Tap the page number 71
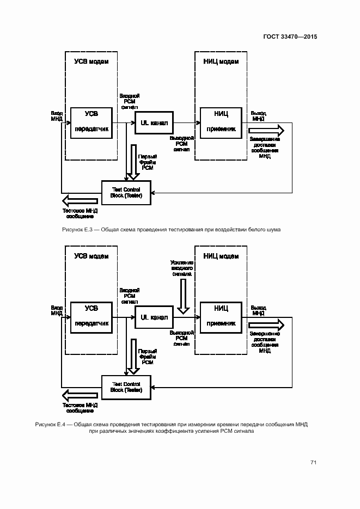[314, 463]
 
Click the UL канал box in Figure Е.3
[154, 124]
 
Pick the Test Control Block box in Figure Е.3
[126, 193]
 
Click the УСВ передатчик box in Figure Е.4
[91, 316]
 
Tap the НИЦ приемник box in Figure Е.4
[221, 316]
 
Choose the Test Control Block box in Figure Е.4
[126, 387]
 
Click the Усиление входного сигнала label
[181, 269]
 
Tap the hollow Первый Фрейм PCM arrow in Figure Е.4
[132, 357]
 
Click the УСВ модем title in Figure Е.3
[91, 62]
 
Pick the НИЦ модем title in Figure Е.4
[221, 256]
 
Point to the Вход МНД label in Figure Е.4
[57, 310]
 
